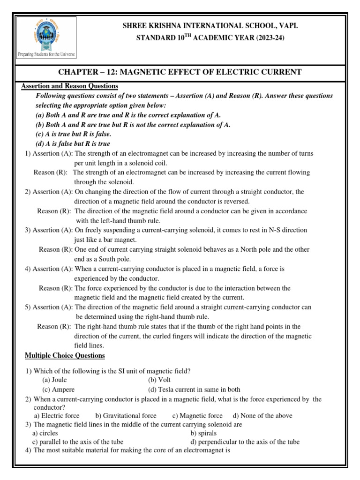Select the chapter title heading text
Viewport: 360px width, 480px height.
pyautogui.click(x=180, y=71)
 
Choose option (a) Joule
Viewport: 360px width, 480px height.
pyautogui.click(x=55, y=380)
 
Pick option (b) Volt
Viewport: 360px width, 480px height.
pyautogui.click(x=159, y=380)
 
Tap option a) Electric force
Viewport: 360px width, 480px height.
pyautogui.click(x=57, y=416)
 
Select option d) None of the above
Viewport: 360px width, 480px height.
pyautogui.click(x=262, y=416)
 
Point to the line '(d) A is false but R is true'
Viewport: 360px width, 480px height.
pyautogui.click(x=73, y=143)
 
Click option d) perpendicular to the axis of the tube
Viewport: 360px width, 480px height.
pyautogui.click(x=245, y=442)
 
